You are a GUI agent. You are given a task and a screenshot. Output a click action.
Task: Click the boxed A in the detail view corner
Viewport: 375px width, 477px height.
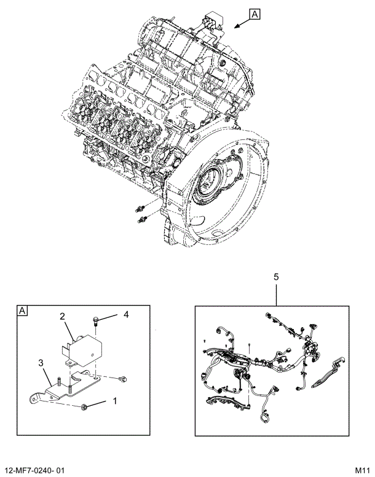22,311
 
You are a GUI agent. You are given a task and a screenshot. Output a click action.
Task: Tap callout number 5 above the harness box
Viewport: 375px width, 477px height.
276,277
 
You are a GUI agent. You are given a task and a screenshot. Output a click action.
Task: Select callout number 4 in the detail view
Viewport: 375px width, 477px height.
125,315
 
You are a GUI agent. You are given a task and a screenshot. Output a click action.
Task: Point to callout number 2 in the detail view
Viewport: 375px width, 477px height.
63,317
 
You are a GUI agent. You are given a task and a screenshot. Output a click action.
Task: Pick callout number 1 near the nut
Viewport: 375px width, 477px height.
113,403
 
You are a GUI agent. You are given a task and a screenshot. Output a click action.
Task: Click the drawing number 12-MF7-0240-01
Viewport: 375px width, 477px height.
34,470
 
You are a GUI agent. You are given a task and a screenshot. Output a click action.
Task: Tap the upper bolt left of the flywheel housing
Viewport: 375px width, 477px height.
141,206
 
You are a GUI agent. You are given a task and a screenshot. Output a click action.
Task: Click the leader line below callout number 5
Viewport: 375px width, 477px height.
276,295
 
